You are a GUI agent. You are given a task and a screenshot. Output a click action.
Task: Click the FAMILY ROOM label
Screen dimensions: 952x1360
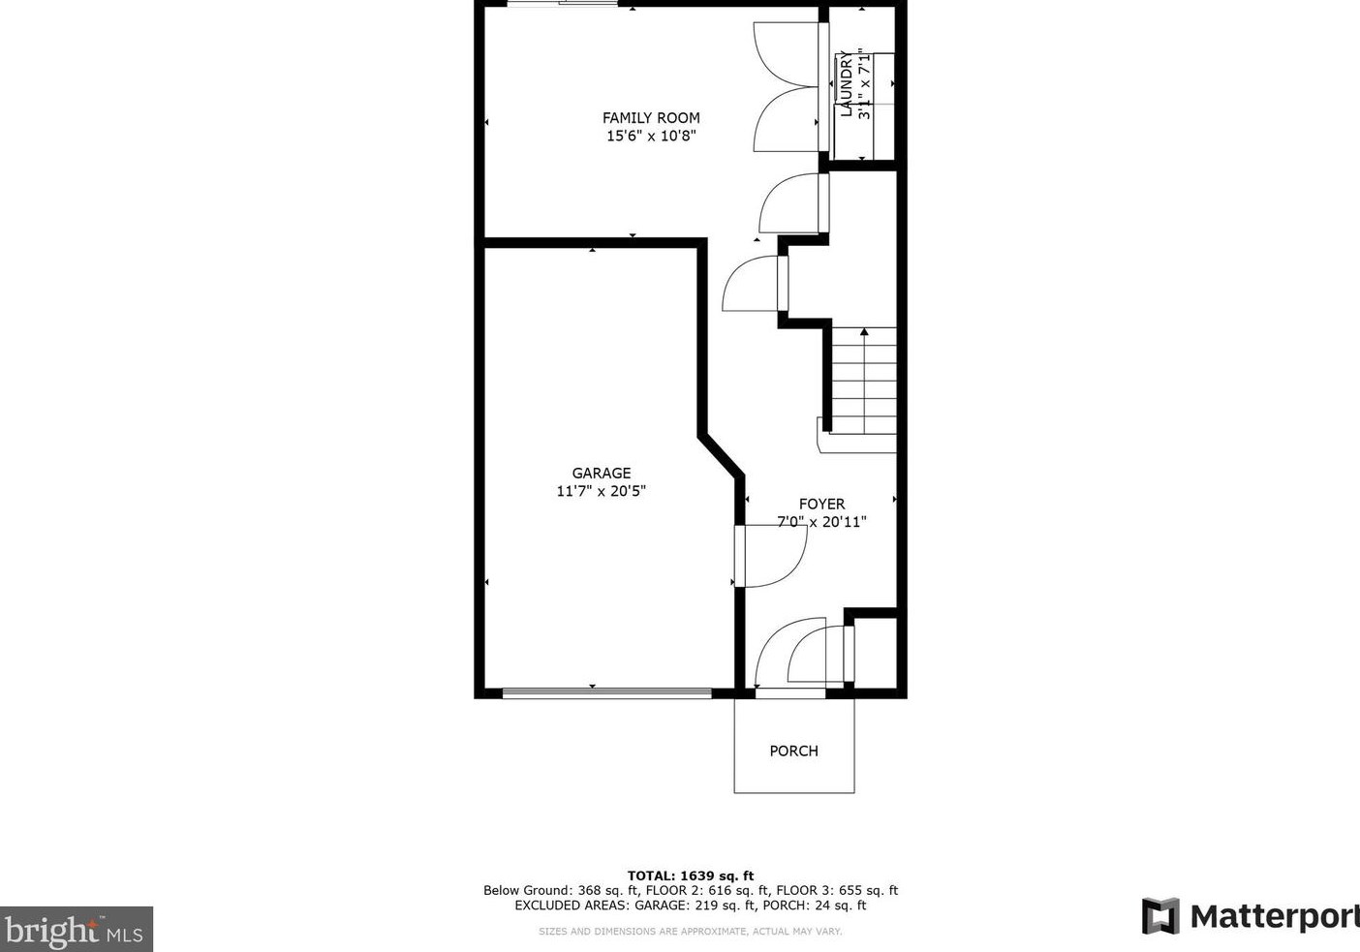coord(651,118)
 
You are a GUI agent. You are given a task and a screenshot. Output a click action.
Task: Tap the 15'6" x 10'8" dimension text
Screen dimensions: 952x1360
coord(651,137)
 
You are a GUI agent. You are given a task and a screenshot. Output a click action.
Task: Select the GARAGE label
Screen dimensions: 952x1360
coord(601,474)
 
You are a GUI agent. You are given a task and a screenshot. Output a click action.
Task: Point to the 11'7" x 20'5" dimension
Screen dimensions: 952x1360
coord(601,491)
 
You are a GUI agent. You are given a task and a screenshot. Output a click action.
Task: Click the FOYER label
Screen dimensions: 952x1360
coord(821,505)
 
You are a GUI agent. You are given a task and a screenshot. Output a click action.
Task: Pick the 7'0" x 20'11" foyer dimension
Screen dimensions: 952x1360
coord(821,522)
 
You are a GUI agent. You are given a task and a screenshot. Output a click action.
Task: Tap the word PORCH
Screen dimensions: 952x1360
coord(793,752)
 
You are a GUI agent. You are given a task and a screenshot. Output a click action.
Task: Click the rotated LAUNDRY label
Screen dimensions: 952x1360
coord(846,83)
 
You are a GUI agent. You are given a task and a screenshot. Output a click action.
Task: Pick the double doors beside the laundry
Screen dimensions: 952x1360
coord(788,87)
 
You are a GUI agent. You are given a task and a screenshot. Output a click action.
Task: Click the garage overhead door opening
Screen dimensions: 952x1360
coord(606,692)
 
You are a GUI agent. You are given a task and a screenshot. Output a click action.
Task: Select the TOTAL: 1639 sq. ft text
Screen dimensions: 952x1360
coord(690,875)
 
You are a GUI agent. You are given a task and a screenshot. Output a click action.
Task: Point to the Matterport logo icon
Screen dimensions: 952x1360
coord(1160,916)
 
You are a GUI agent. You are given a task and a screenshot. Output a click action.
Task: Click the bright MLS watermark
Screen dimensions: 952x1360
coord(76,930)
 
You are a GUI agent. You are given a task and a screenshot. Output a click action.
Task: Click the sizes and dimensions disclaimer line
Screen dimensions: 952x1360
coord(690,932)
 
